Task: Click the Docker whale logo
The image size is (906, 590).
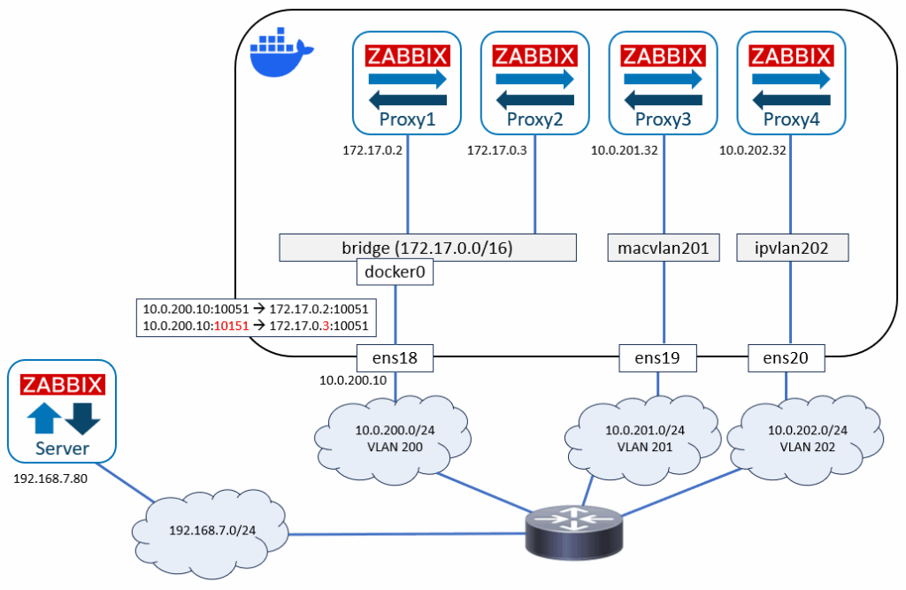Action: tap(281, 52)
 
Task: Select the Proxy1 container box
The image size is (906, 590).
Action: tap(407, 82)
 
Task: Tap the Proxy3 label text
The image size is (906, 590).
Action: tap(663, 119)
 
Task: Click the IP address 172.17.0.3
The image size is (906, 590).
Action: tap(497, 150)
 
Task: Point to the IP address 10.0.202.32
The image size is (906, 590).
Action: tap(752, 150)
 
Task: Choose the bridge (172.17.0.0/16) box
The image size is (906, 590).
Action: tap(427, 248)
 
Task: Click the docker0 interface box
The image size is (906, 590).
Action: tap(395, 272)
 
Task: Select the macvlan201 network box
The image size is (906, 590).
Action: tap(664, 248)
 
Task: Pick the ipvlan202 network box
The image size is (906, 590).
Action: tap(792, 248)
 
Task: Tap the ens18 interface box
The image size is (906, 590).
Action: tap(395, 357)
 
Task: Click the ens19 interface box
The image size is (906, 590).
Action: tap(657, 357)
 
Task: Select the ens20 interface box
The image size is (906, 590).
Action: tap(786, 357)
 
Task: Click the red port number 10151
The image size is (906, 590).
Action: tap(231, 326)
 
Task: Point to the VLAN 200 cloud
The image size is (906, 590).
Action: tap(393, 439)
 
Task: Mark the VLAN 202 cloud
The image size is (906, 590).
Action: tap(805, 439)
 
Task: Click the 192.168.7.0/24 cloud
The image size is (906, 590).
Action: tap(211, 532)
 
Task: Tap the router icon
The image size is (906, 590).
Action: tap(574, 532)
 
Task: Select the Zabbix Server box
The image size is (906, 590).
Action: tap(62, 411)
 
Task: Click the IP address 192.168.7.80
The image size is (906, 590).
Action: tap(50, 479)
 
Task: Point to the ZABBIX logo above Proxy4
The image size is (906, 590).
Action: tap(791, 56)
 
